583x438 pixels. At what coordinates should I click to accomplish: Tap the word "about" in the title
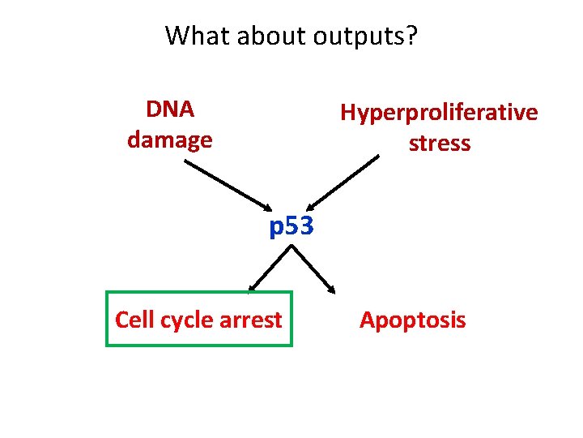[259, 36]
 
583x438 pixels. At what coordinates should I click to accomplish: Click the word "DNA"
[169, 109]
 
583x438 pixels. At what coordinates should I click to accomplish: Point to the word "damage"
[169, 140]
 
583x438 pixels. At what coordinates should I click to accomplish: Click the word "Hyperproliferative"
[439, 112]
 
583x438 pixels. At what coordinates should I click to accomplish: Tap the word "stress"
[439, 144]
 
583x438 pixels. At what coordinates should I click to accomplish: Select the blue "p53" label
[291, 227]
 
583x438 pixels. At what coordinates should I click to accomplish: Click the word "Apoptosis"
[412, 320]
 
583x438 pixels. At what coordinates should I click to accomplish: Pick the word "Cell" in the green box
[132, 320]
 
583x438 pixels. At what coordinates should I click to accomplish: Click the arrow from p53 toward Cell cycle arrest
[270, 268]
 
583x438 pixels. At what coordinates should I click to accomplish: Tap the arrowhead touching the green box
[253, 287]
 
